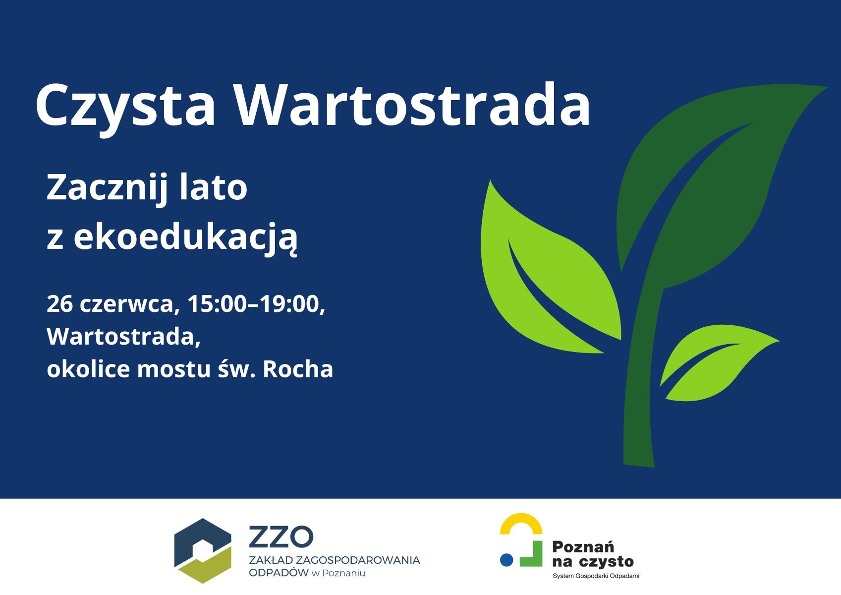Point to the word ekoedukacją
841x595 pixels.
185,238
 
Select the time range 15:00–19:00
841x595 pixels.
256,303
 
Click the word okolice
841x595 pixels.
88,369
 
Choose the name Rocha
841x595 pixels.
297,369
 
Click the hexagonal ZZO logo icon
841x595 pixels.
203,550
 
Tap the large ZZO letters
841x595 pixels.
281,536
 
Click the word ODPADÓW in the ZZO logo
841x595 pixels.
279,573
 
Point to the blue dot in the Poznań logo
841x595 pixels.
506,560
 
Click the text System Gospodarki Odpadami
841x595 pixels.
596,576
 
